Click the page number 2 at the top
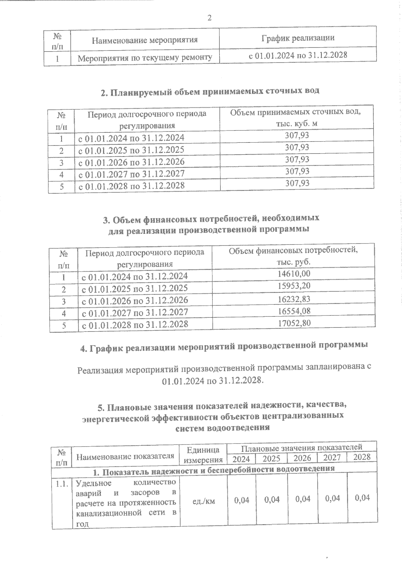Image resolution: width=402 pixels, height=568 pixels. [x=209, y=18]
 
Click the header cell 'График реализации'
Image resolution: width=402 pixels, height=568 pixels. [x=298, y=38]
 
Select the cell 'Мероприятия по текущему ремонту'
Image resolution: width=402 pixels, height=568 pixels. [x=145, y=58]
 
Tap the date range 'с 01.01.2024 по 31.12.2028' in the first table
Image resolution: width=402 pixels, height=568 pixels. [x=297, y=55]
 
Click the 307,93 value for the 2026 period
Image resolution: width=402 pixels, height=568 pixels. [x=297, y=160]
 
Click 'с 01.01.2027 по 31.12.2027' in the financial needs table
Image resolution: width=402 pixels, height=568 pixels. [x=135, y=312]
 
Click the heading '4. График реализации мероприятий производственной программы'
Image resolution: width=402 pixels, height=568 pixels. [x=224, y=346]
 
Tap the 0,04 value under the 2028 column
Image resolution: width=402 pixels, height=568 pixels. [x=362, y=498]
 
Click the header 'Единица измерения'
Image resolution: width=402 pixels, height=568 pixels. [x=203, y=455]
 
